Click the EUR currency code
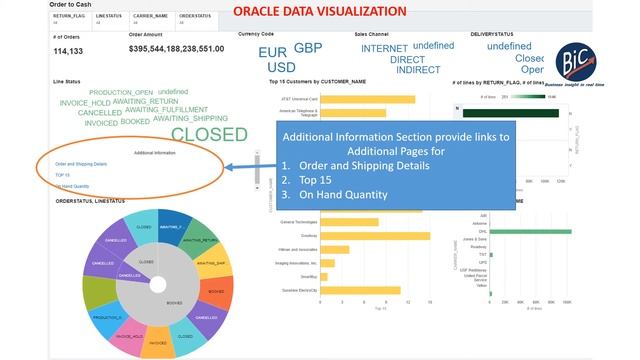point(272,52)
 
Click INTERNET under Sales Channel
point(384,48)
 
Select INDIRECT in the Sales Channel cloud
point(418,70)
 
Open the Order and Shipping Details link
point(81,163)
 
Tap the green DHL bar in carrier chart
point(530,231)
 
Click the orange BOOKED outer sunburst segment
point(212,291)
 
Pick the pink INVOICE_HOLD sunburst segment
point(130,336)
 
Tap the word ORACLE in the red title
point(257,12)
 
